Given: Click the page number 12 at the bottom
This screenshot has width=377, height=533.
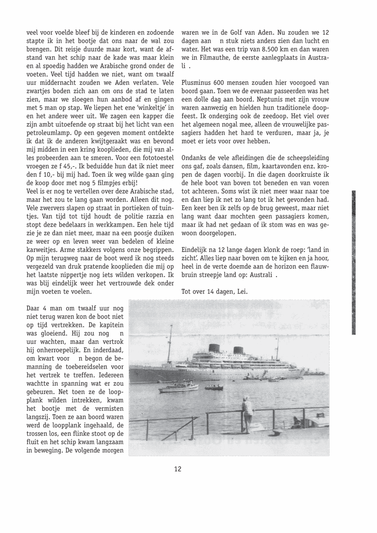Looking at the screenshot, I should point(178,469).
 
